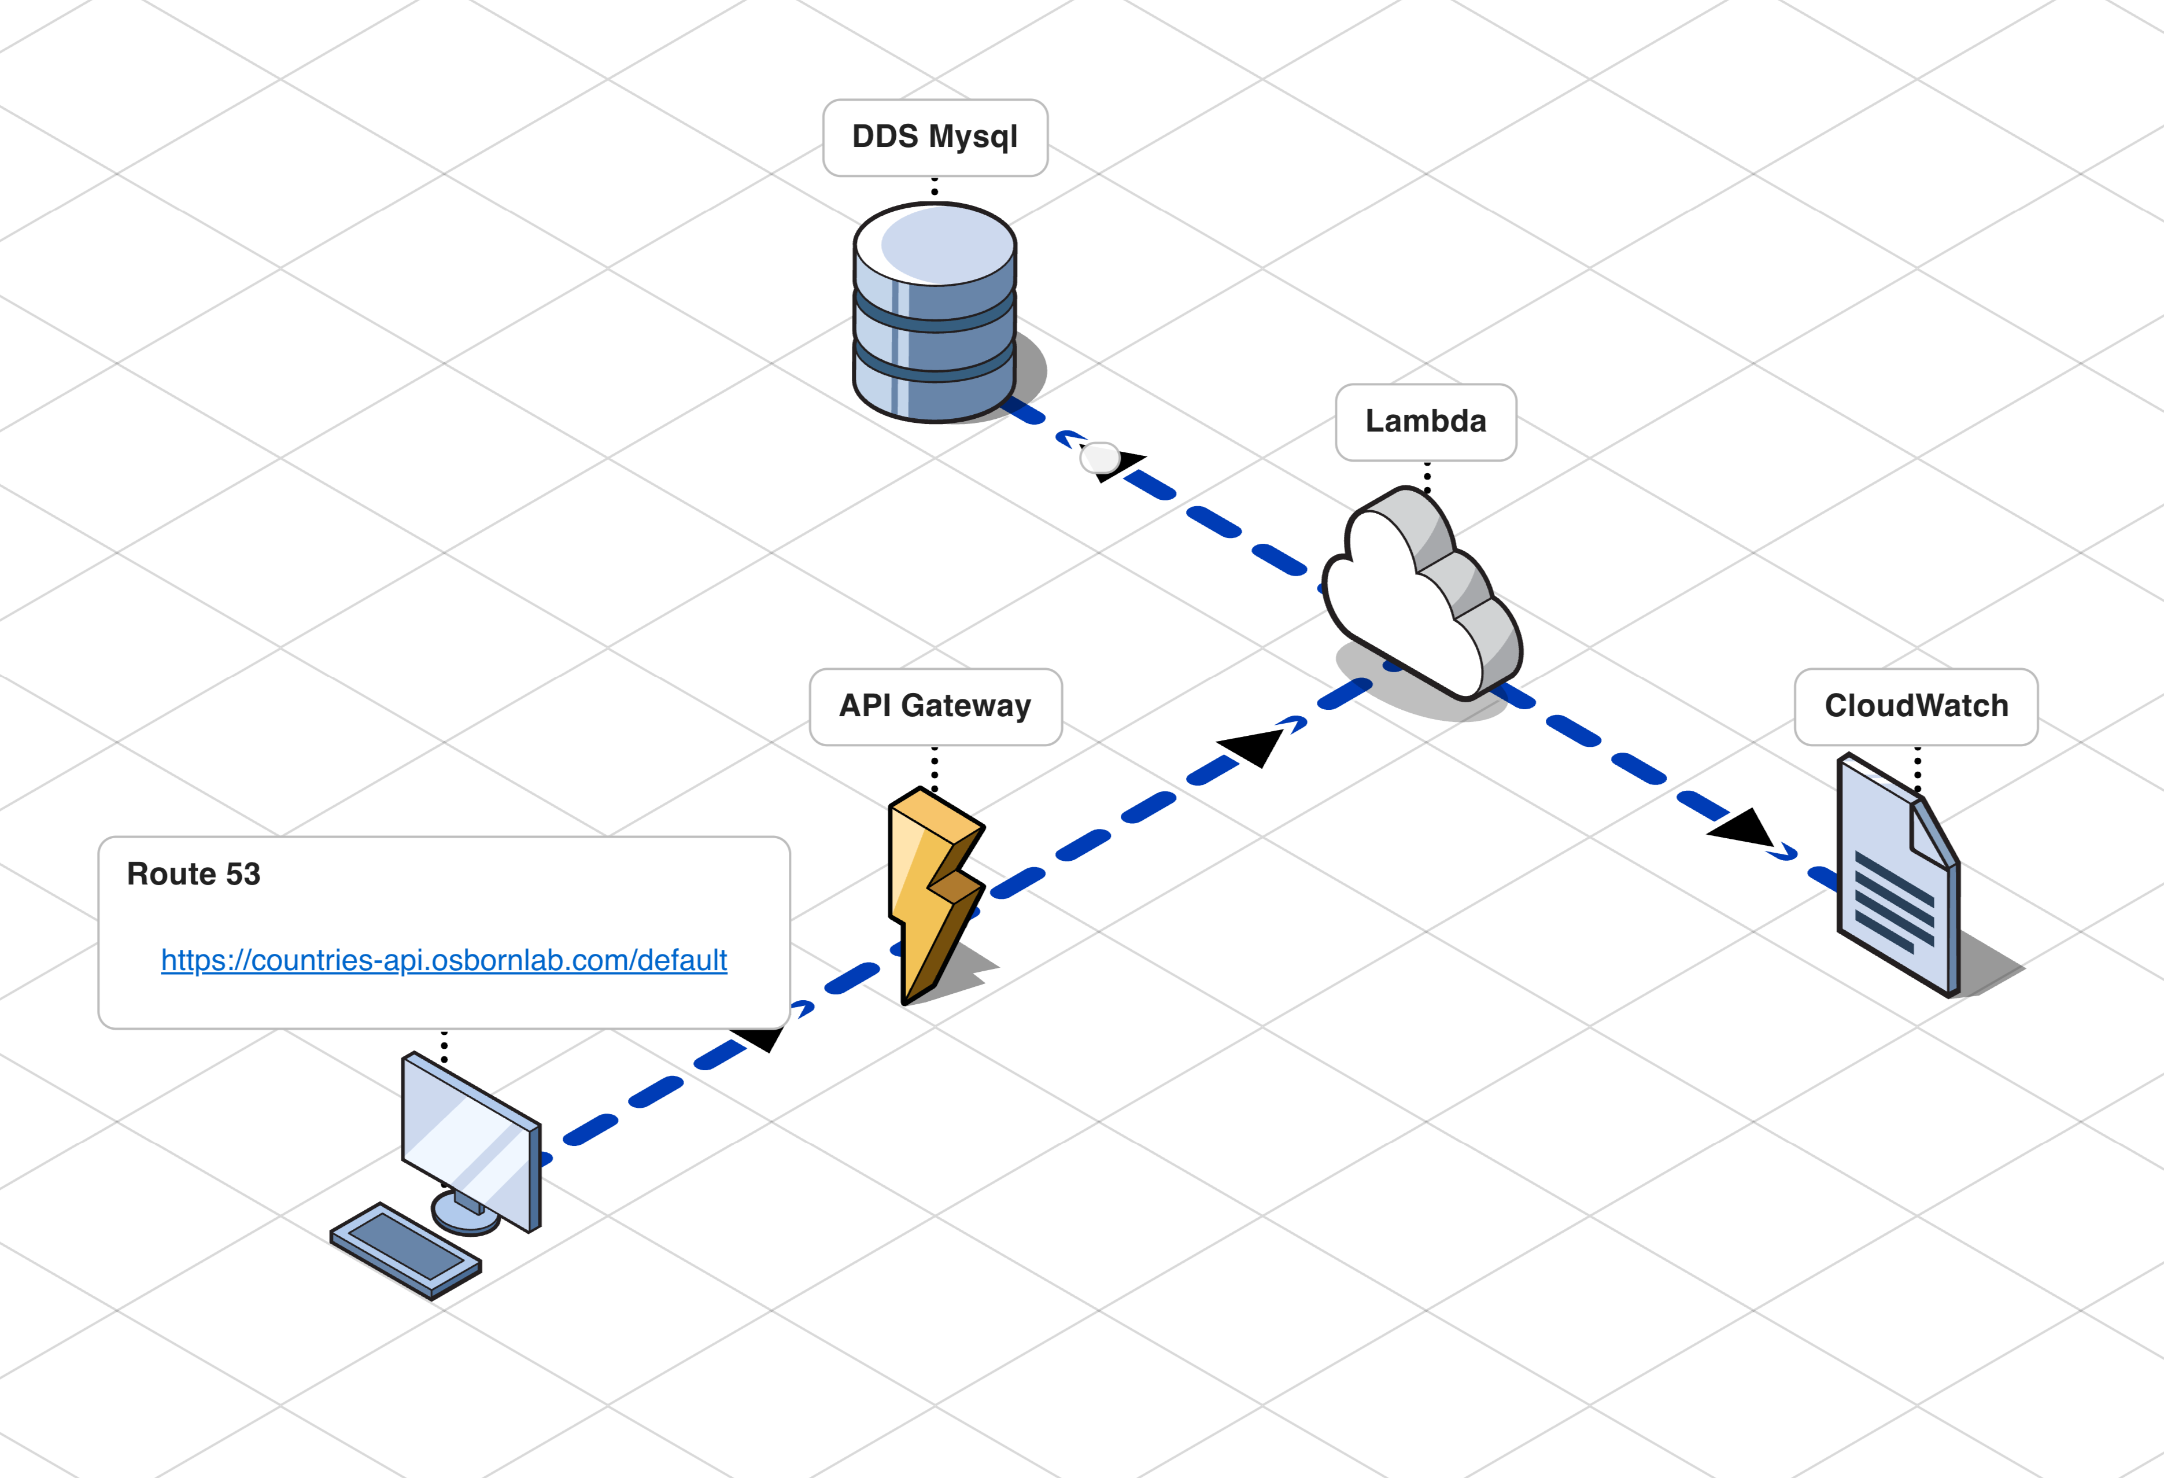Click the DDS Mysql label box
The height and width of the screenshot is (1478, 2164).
point(935,138)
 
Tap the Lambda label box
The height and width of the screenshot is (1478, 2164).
point(1426,422)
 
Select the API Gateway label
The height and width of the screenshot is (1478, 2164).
point(935,706)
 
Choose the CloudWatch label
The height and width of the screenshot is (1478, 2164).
point(1915,706)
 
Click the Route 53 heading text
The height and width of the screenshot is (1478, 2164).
point(194,873)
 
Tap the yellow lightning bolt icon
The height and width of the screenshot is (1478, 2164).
point(931,894)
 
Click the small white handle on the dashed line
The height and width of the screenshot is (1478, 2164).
point(1100,457)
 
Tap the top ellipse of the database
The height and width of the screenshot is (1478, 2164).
point(935,245)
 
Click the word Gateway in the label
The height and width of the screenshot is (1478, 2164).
point(966,706)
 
